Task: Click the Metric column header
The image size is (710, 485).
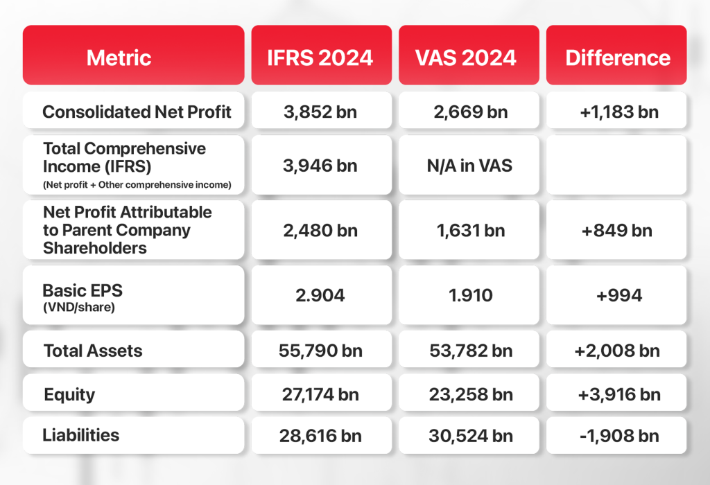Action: click(x=119, y=58)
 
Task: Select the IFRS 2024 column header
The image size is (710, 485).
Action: click(x=320, y=58)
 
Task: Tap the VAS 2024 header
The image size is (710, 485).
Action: click(x=466, y=58)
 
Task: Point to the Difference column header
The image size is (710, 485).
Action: click(x=618, y=58)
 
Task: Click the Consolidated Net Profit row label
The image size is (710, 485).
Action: click(x=137, y=112)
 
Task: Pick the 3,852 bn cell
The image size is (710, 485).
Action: click(x=320, y=112)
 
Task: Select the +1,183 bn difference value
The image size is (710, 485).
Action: click(x=619, y=112)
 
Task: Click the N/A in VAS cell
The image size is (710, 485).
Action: click(x=469, y=166)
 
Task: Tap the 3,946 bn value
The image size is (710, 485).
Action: click(x=320, y=166)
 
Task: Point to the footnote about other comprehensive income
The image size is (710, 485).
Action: click(x=137, y=184)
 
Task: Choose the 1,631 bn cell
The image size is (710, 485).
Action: click(x=471, y=231)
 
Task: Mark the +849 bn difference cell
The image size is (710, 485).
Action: click(x=616, y=231)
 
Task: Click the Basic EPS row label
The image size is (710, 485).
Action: click(x=83, y=297)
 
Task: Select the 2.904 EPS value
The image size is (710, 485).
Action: click(x=320, y=295)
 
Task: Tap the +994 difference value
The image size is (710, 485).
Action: click(x=619, y=296)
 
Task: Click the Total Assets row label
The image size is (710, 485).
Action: click(x=93, y=351)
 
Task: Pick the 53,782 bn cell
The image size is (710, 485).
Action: click(x=471, y=351)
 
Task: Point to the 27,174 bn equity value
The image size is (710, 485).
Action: click(x=320, y=394)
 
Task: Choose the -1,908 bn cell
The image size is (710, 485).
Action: click(x=619, y=436)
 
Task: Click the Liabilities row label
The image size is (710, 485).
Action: click(x=81, y=435)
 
